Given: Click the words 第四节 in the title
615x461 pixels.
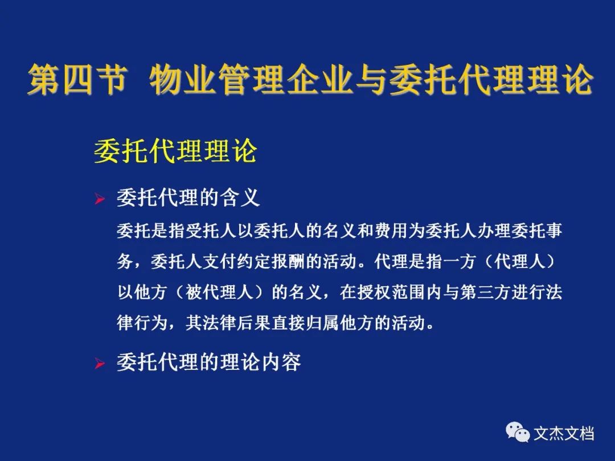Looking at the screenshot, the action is (x=77, y=80).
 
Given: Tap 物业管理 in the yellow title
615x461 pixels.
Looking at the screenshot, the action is (x=217, y=80).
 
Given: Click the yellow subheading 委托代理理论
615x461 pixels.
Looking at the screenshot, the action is (x=175, y=151).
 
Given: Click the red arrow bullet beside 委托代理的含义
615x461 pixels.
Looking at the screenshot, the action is (x=100, y=199).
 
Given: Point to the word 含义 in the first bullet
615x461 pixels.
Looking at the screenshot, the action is (x=240, y=197).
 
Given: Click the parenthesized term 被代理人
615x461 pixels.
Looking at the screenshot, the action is (x=220, y=293).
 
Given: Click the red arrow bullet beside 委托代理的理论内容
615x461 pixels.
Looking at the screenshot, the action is (x=100, y=364).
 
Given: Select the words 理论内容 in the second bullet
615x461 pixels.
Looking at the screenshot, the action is (x=260, y=362).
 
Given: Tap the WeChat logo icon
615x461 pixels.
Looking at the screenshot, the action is (x=518, y=431).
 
